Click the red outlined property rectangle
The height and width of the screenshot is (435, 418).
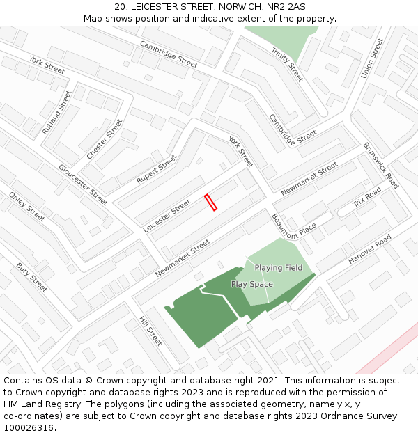[211, 202]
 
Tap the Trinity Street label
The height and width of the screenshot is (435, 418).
[287, 64]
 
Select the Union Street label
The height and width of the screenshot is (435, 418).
[373, 58]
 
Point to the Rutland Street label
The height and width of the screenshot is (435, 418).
[56, 112]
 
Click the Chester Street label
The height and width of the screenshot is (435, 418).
[104, 139]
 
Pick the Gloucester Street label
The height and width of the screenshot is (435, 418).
[83, 184]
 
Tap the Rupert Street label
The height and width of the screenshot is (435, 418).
[157, 169]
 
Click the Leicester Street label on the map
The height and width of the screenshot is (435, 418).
[167, 216]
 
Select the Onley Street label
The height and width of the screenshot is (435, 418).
[26, 207]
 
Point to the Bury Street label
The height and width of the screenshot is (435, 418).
[31, 277]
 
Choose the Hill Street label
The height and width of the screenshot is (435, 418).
[150, 331]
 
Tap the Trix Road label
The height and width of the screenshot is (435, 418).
[367, 198]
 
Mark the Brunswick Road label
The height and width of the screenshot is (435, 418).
[380, 166]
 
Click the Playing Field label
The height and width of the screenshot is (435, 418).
[278, 268]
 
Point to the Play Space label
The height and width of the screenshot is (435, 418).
[252, 284]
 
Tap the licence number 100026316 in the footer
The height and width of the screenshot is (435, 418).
[29, 428]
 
